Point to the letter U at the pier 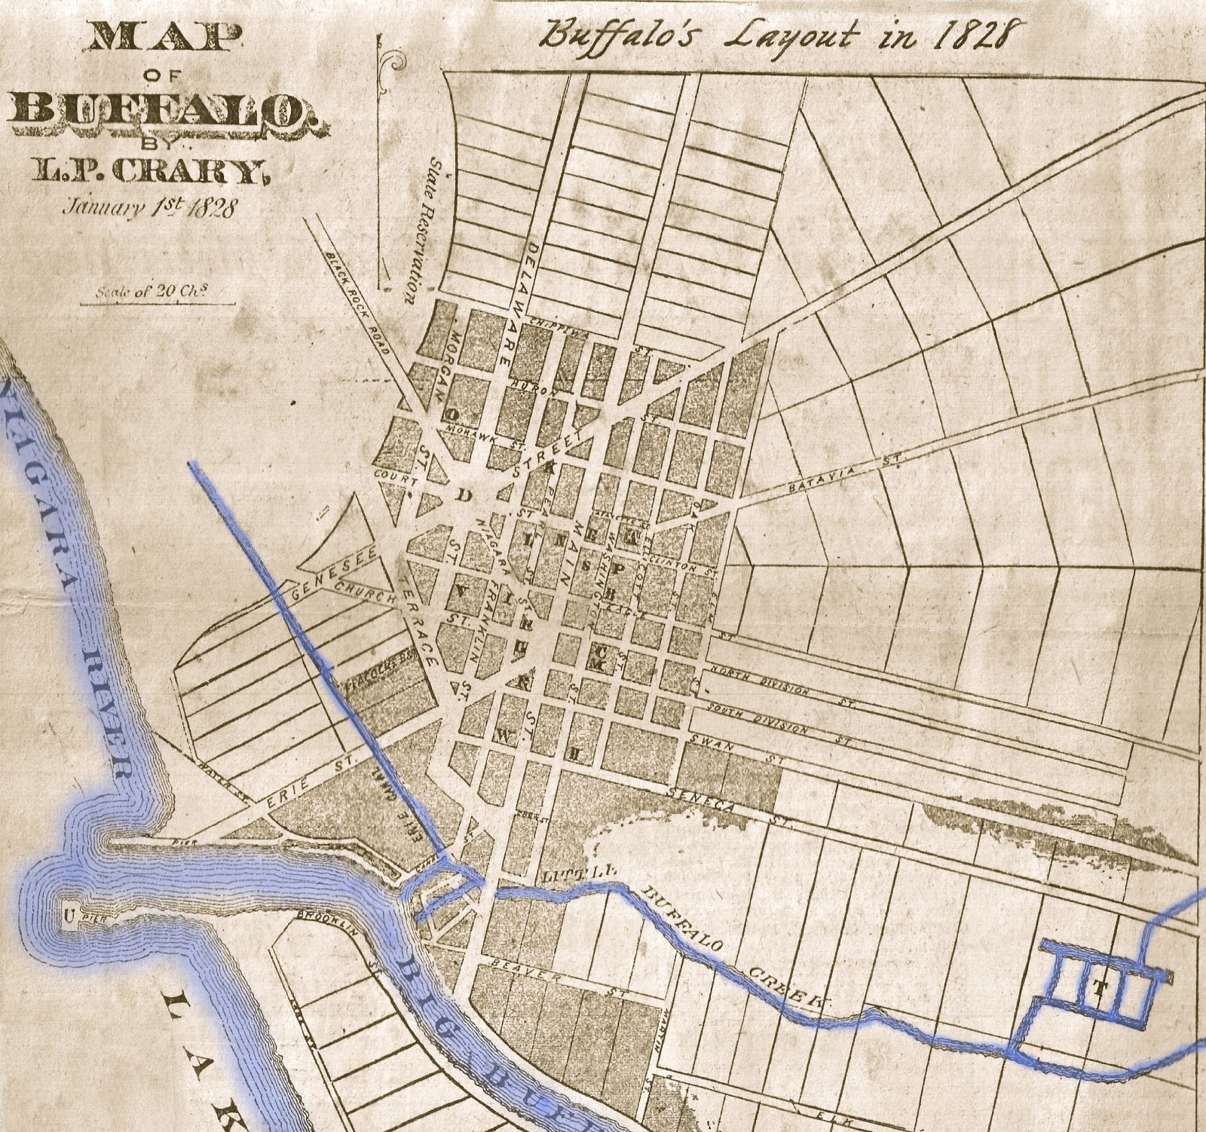(69, 916)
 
